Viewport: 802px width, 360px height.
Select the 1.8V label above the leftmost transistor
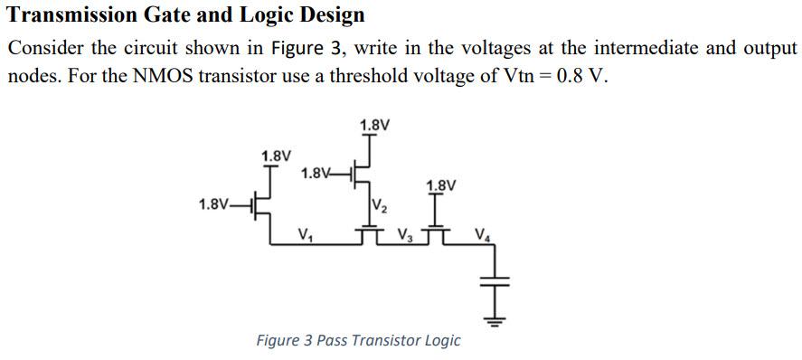(276, 156)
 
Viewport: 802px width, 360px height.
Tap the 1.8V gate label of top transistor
(316, 173)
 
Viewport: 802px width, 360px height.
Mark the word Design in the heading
(333, 14)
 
